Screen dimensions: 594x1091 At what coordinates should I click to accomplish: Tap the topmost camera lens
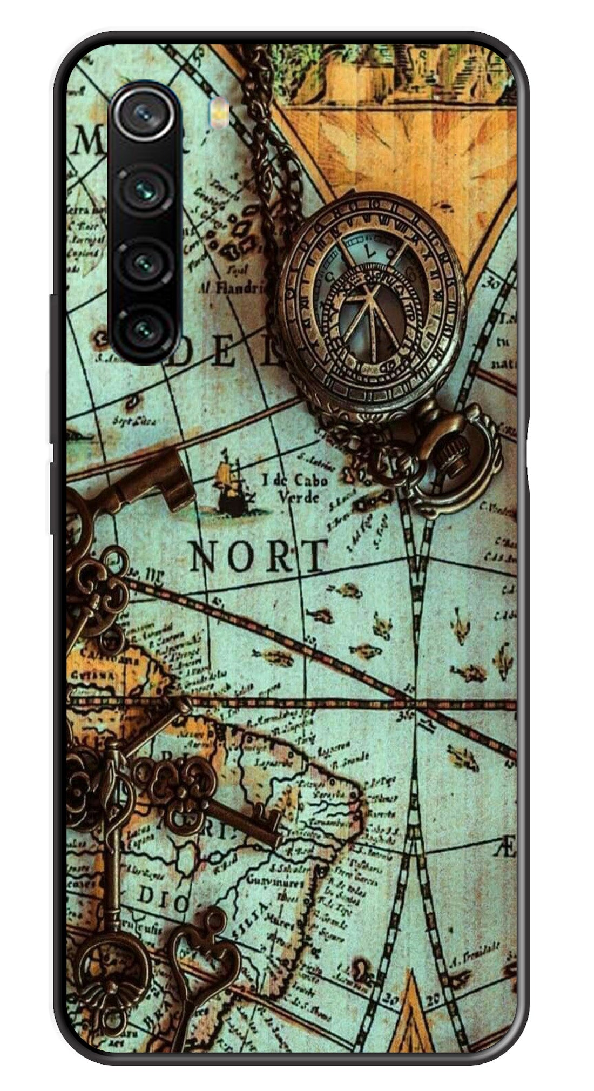pyautogui.click(x=144, y=113)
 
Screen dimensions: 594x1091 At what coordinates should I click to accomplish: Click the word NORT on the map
pyautogui.click(x=259, y=556)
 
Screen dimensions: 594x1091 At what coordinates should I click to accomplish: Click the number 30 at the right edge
pyautogui.click(x=492, y=283)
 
